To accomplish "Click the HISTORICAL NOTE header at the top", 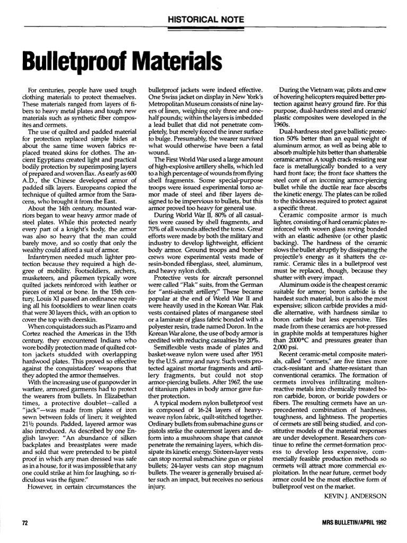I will pyautogui.click(x=206, y=19).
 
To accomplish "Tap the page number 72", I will pyautogui.click(x=24, y=522).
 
